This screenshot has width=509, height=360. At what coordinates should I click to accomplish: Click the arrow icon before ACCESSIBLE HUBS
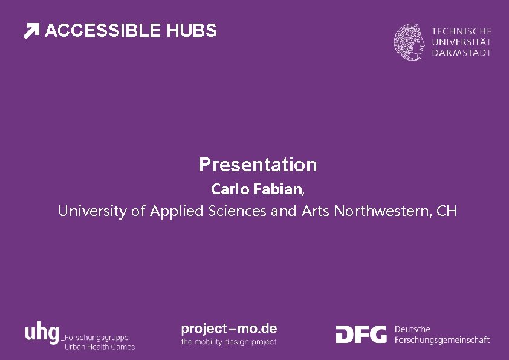coord(31,31)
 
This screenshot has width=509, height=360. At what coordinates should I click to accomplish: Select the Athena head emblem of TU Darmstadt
coord(410,42)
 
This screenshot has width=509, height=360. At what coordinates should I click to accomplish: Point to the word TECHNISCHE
coord(462,31)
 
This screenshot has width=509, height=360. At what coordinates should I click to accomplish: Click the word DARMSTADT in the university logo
coord(462,53)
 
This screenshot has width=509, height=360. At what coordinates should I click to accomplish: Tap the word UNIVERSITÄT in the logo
coord(462,42)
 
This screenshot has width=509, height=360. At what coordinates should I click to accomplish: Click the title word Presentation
coord(258,165)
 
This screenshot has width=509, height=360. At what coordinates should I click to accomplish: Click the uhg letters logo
coord(42,333)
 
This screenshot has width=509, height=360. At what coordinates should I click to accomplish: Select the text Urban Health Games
coord(100,347)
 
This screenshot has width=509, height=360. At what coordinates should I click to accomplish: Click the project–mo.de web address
coord(229,329)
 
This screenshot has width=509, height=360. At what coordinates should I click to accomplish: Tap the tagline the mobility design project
coord(229,342)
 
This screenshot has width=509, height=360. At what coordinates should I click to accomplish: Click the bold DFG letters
coord(361,334)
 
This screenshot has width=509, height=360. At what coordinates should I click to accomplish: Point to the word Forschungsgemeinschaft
coord(442,341)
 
